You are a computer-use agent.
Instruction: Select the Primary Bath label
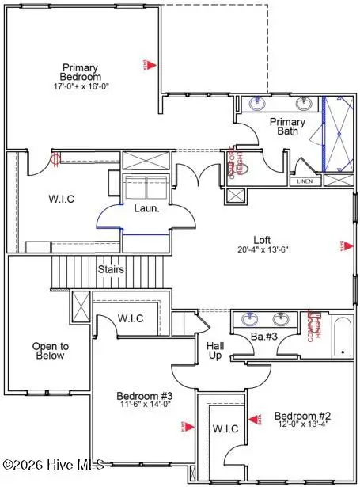[286, 127]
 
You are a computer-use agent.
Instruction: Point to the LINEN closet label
[305, 181]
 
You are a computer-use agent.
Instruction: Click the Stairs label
[110, 269]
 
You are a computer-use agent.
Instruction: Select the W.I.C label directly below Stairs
[130, 319]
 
